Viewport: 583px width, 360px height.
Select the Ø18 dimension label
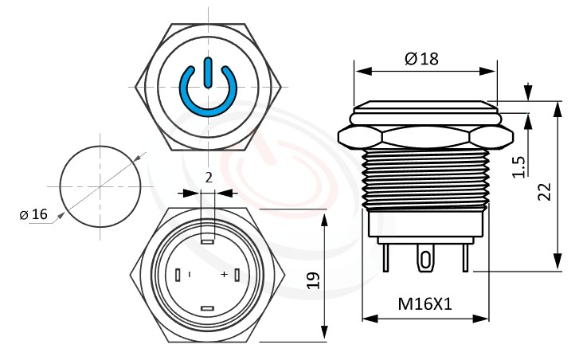pyautogui.click(x=421, y=58)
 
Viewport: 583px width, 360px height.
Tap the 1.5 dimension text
pyautogui.click(x=518, y=166)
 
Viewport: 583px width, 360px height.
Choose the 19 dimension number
pyautogui.click(x=313, y=279)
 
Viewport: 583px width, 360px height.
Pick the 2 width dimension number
pyautogui.click(x=209, y=178)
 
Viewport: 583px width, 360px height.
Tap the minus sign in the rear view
pyautogui.click(x=190, y=274)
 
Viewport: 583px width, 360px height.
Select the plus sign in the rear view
pyautogui.click(x=224, y=274)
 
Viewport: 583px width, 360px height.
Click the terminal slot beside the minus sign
pyautogui.click(x=178, y=274)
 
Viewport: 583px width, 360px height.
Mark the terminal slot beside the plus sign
pyautogui.click(x=237, y=274)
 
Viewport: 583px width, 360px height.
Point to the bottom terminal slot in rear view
pyautogui.click(x=207, y=307)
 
